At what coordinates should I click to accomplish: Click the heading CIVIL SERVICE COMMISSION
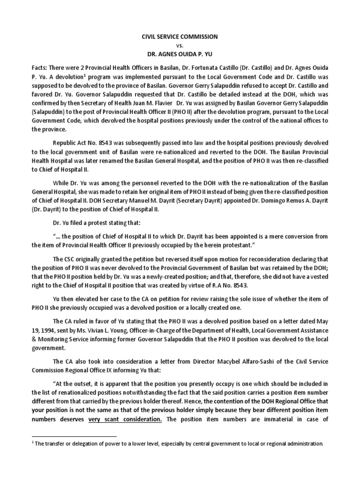point(180,36)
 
